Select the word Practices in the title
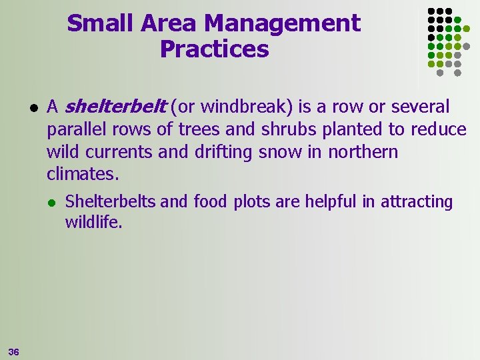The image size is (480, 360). click(x=214, y=49)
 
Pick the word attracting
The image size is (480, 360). click(x=417, y=201)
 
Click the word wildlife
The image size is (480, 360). click(x=93, y=222)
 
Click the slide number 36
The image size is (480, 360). click(x=13, y=351)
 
